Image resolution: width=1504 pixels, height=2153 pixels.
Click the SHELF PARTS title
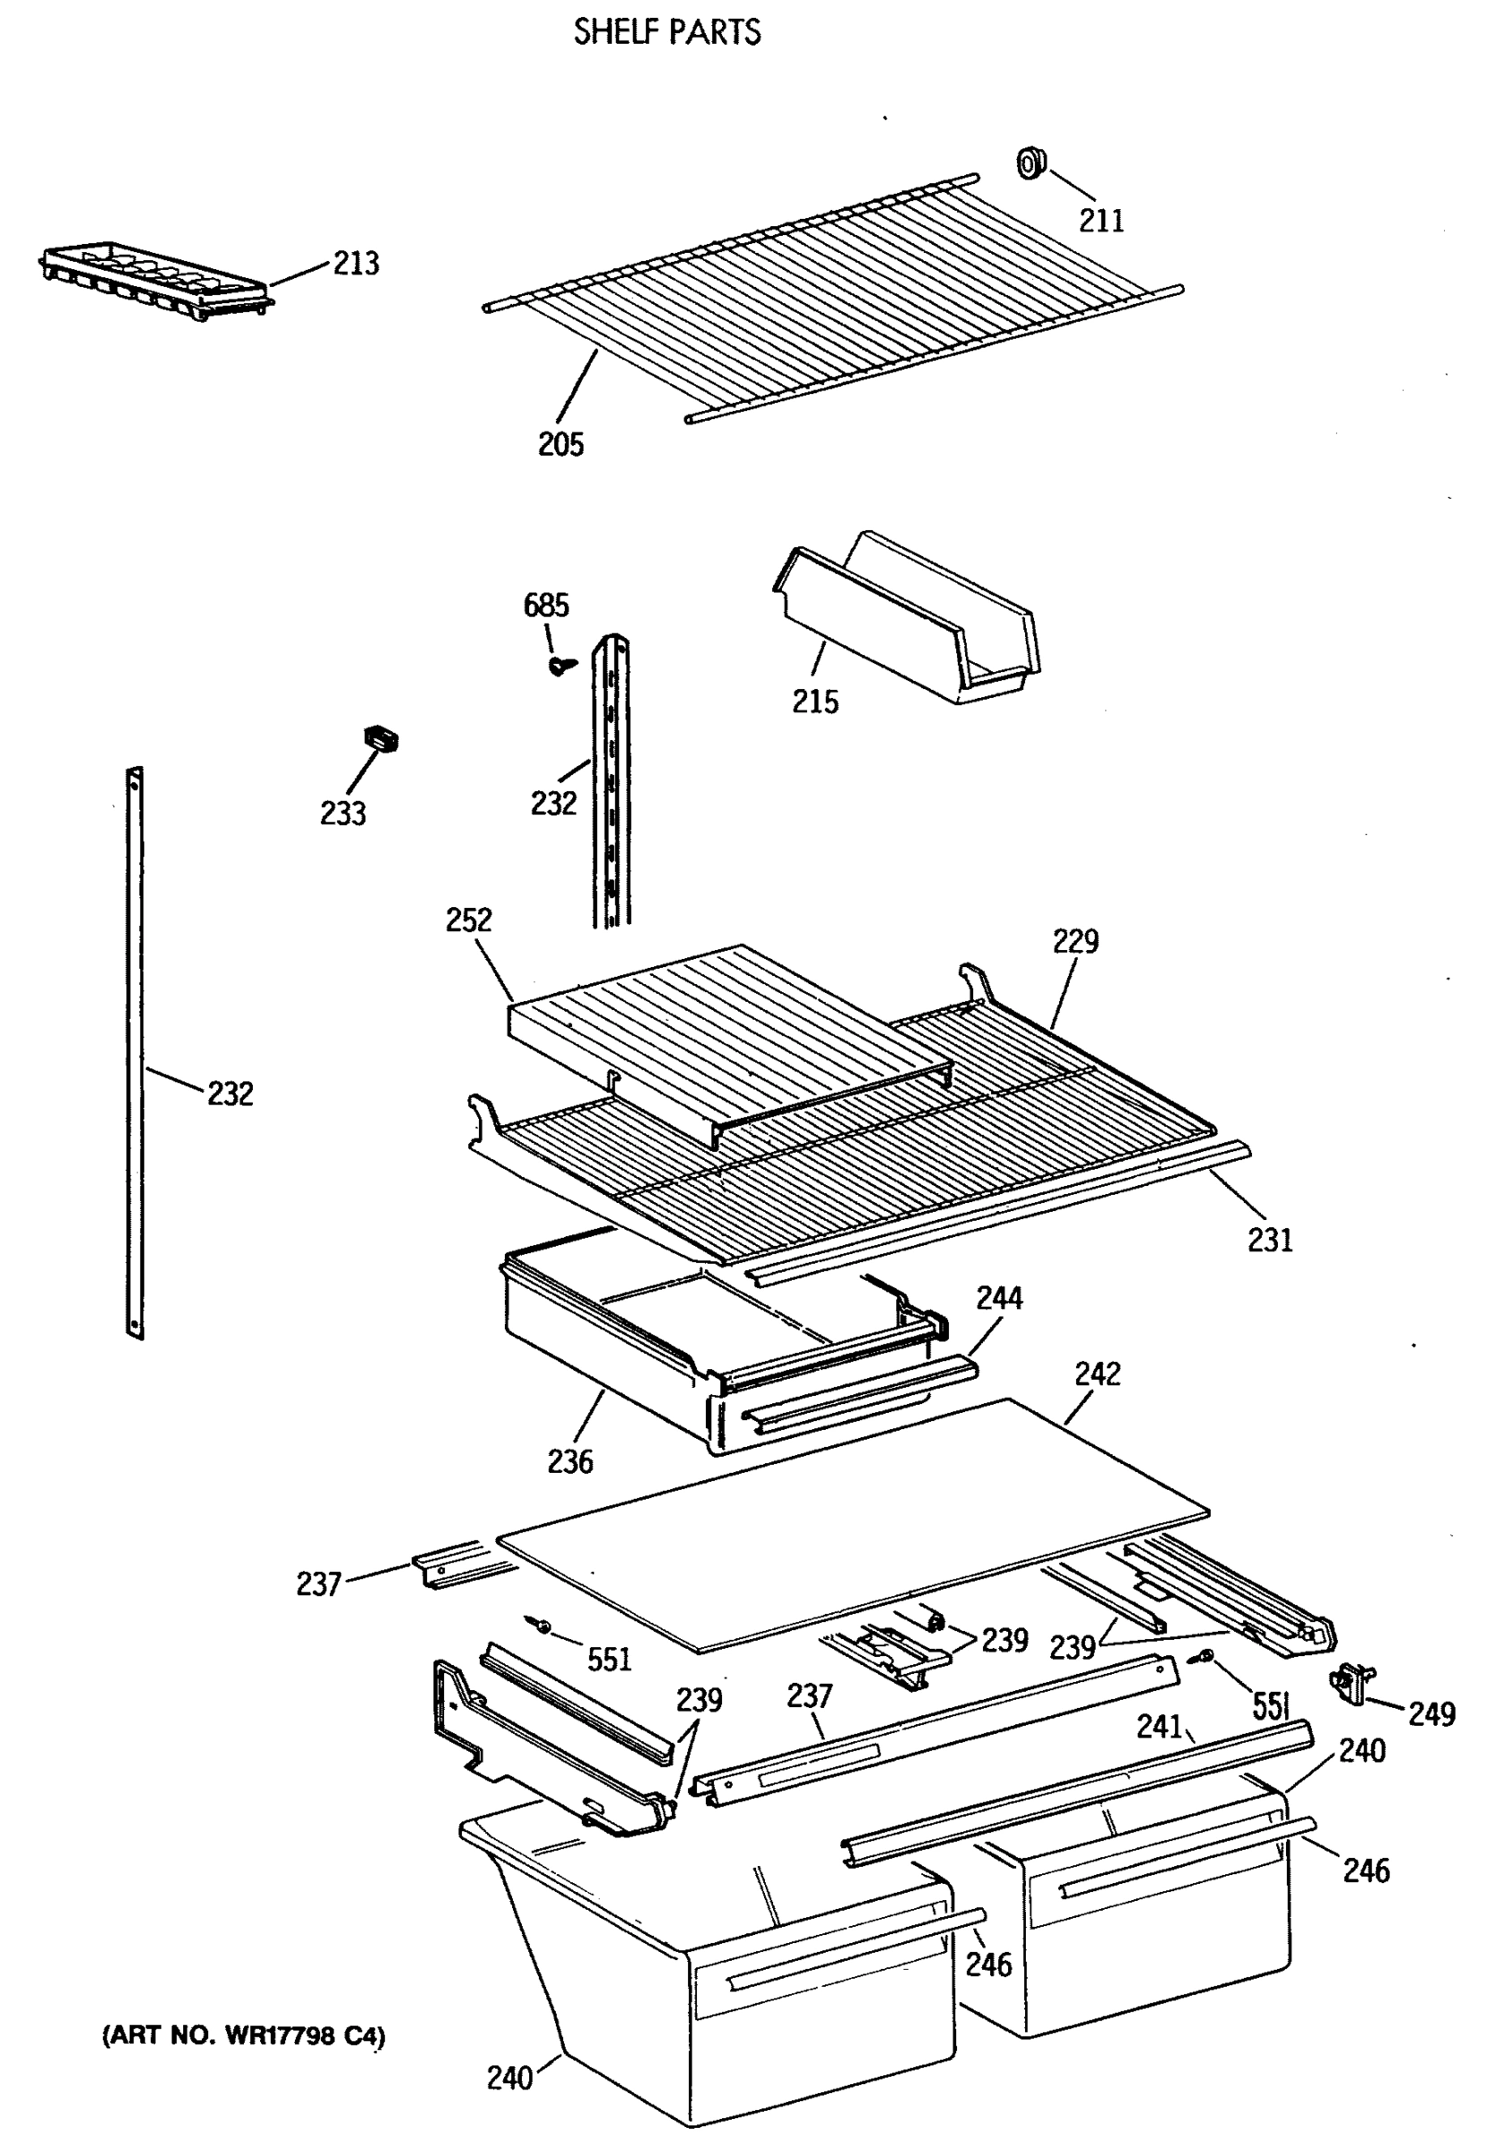(666, 33)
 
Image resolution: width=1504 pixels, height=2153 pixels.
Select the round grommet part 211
(1030, 164)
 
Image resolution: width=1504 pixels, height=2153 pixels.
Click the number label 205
(561, 443)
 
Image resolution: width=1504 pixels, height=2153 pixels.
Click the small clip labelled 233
(380, 739)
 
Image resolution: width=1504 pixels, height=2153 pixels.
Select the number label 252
(469, 920)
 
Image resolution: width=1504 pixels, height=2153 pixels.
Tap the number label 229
(1074, 941)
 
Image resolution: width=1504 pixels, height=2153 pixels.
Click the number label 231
(1270, 1241)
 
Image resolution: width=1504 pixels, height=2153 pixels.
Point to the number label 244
(1000, 1299)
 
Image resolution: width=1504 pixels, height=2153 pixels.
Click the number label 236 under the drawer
(570, 1461)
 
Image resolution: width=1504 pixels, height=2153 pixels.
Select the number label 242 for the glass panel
(1097, 1374)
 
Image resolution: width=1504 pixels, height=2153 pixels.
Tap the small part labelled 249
(1352, 1684)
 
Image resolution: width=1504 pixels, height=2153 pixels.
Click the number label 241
(1160, 1726)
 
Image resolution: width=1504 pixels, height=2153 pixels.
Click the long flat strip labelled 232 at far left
(135, 1050)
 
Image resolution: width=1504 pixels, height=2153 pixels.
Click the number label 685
(545, 606)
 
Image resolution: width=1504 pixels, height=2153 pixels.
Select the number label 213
(356, 264)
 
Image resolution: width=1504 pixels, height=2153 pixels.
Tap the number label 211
(1100, 221)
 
